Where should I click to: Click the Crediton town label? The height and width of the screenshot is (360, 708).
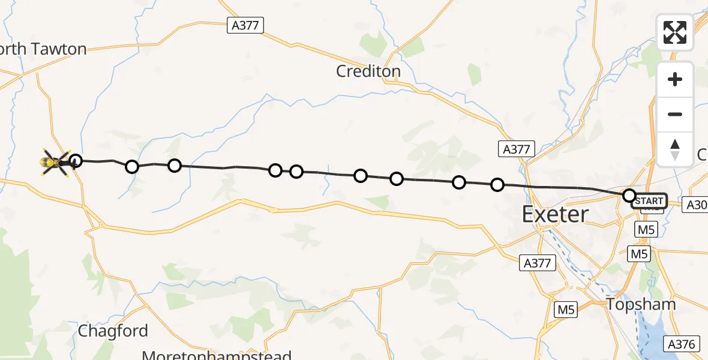pyautogui.click(x=368, y=71)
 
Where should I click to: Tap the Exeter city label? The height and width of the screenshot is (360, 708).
pyautogui.click(x=555, y=214)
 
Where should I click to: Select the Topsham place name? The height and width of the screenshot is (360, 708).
pyautogui.click(x=641, y=304)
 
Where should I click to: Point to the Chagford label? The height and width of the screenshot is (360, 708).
pyautogui.click(x=113, y=331)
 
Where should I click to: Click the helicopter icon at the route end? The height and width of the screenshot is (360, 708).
pyautogui.click(x=55, y=161)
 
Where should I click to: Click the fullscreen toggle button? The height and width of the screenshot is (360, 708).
pyautogui.click(x=675, y=32)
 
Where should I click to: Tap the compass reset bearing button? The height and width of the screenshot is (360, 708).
pyautogui.click(x=675, y=149)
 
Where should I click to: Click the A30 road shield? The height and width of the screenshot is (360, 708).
pyautogui.click(x=697, y=205)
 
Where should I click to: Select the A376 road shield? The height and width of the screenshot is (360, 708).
pyautogui.click(x=681, y=344)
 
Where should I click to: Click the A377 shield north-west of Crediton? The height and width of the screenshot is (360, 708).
pyautogui.click(x=246, y=25)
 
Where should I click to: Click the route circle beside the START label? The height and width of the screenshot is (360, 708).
pyautogui.click(x=629, y=196)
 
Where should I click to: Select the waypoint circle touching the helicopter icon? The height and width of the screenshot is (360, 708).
pyautogui.click(x=75, y=160)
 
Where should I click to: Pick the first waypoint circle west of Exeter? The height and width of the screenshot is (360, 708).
pyautogui.click(x=497, y=185)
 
